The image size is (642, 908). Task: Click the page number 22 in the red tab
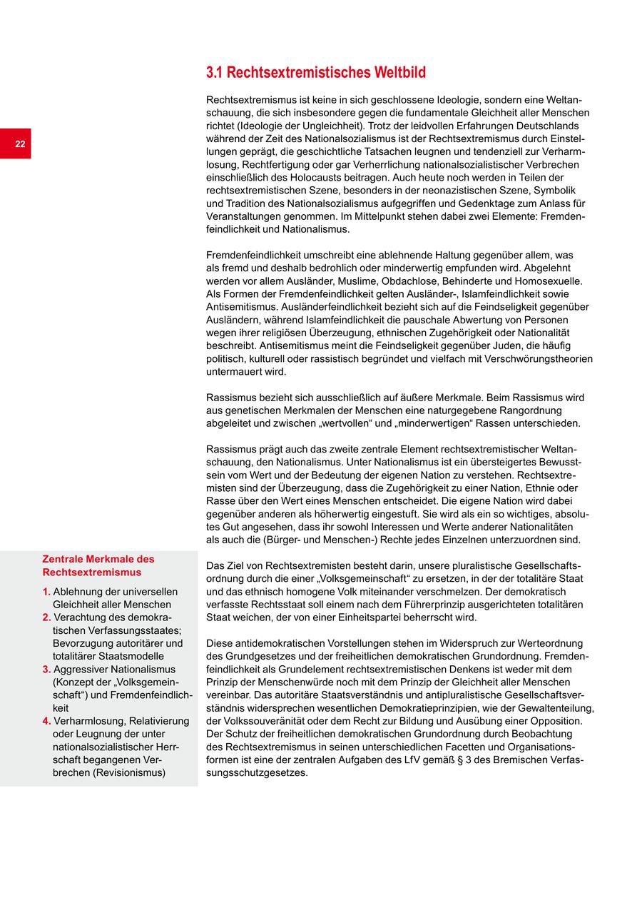pos(20,144)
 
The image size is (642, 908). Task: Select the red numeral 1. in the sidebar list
pos(46,592)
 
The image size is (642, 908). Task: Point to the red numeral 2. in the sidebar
pos(46,617)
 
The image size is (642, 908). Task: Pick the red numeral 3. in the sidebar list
pos(46,670)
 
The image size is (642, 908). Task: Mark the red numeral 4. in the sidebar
pos(46,721)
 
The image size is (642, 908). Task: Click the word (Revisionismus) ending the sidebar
pos(129,772)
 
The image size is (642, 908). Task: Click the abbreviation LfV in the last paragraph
pos(441,760)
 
